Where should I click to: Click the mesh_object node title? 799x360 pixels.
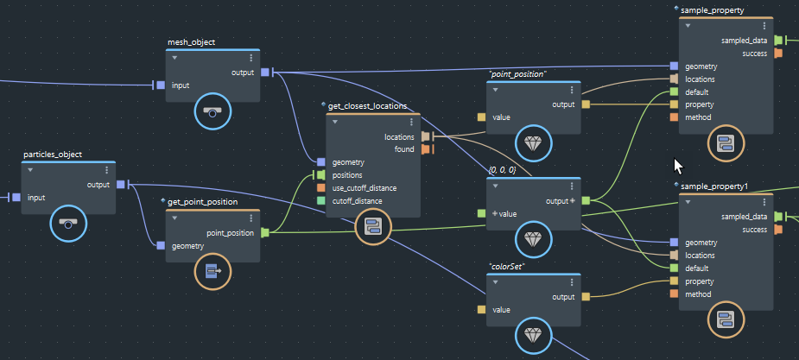point(191,41)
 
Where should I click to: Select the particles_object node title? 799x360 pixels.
point(52,155)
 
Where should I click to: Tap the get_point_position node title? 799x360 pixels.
point(202,202)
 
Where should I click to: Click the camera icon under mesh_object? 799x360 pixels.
point(212,111)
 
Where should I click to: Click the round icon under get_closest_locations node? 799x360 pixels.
point(373,226)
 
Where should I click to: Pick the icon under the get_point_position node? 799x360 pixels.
point(212,273)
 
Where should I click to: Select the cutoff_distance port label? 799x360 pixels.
point(358,201)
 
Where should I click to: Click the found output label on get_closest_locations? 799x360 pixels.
point(405,149)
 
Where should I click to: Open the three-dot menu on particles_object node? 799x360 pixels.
point(106,170)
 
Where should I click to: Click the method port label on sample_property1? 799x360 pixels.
point(699,294)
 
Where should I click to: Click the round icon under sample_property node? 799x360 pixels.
point(726,143)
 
